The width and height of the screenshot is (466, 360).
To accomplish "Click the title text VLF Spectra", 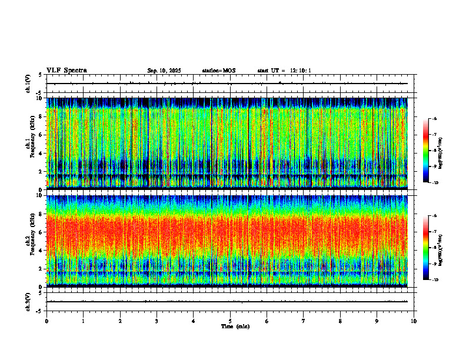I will [x=66, y=71].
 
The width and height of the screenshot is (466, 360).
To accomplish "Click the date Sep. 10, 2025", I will [x=164, y=71].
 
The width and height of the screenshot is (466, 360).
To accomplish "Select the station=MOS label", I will [x=218, y=71].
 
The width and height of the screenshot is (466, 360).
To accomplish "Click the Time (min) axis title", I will [x=235, y=326].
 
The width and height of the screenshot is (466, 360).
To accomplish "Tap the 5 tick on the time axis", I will [x=230, y=321].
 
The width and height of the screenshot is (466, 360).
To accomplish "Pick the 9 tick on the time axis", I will [x=377, y=321].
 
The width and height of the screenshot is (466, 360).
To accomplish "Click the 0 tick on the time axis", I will [x=46, y=321].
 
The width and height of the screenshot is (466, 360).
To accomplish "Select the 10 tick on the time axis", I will [x=414, y=321].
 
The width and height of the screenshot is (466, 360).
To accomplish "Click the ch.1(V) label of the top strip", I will [x=28, y=84].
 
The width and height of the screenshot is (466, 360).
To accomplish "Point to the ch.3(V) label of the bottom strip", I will [x=28, y=301].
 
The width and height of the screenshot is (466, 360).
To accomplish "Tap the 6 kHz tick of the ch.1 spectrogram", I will [x=40, y=135].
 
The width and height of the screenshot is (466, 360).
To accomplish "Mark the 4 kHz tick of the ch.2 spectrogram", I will [x=40, y=250].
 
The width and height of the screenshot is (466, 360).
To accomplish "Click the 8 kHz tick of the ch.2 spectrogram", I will [x=40, y=214].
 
